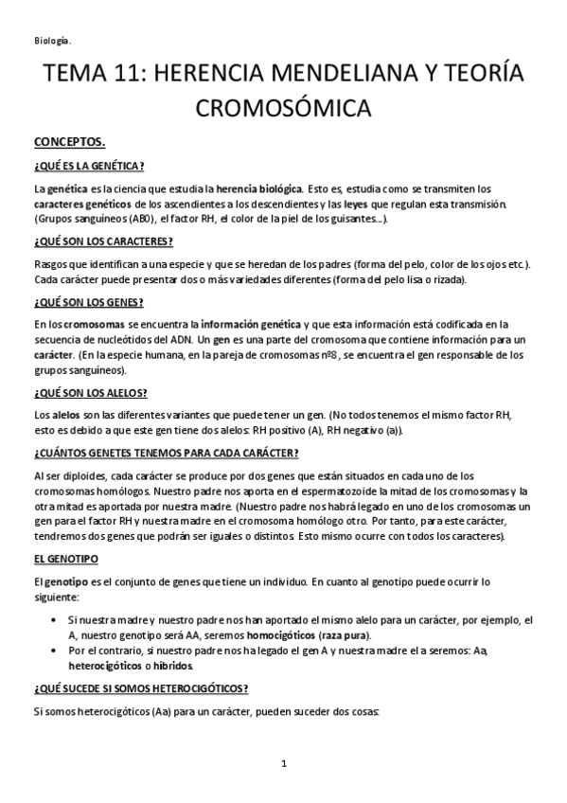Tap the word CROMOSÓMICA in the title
coord(283,110)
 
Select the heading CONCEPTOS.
coord(69,142)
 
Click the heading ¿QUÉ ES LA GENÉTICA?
coord(88,166)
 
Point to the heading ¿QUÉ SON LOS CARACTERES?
coord(102,241)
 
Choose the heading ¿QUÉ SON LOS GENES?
coord(88,302)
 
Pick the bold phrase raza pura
coord(344,633)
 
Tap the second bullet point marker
coord(61,651)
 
